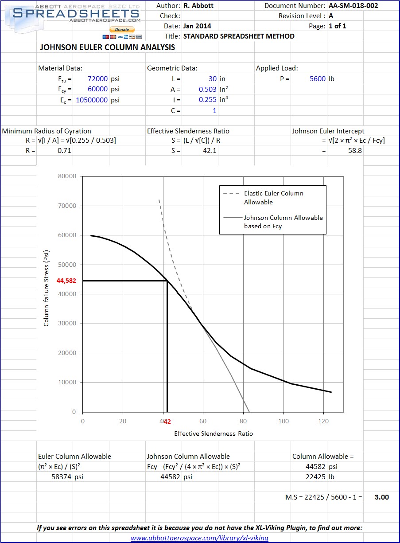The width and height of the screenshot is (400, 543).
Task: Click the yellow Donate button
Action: tap(122, 30)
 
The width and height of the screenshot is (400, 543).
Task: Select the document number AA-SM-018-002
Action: tap(353, 6)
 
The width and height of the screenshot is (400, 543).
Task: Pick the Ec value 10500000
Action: tap(92, 100)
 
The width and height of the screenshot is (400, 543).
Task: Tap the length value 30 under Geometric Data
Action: tap(213, 78)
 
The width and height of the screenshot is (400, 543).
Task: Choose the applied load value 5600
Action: tap(318, 78)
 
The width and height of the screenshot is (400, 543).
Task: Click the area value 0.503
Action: tap(208, 89)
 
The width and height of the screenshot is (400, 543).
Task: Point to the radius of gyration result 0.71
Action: tap(65, 150)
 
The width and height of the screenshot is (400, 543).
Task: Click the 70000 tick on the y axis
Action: tap(67, 206)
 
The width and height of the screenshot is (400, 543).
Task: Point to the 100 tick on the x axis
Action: tap(283, 421)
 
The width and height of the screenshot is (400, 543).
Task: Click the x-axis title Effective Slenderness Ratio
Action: tap(214, 433)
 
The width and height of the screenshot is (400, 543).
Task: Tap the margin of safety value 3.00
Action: tap(381, 497)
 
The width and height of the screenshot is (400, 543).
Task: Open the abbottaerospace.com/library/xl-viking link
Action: tap(199, 538)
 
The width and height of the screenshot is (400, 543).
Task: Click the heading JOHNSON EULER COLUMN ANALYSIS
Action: tap(108, 47)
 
